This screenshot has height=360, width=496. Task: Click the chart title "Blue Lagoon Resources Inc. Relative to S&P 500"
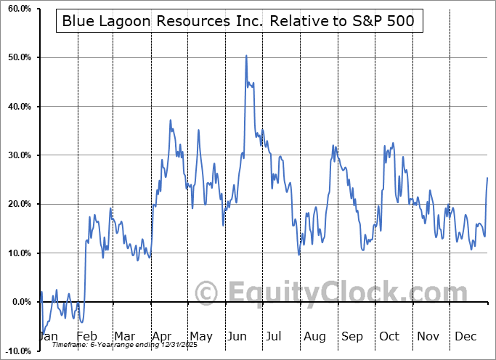point(238,21)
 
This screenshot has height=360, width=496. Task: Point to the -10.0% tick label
point(15,351)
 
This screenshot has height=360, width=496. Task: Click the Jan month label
point(47,337)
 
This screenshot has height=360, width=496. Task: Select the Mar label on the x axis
point(125,337)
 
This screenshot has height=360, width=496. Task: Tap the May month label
point(200,337)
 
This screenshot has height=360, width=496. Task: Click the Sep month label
point(353,337)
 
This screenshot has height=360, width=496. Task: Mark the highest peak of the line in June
point(246,55)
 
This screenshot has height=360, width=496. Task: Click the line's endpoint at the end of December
point(487,178)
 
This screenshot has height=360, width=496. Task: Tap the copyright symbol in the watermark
point(208,293)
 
